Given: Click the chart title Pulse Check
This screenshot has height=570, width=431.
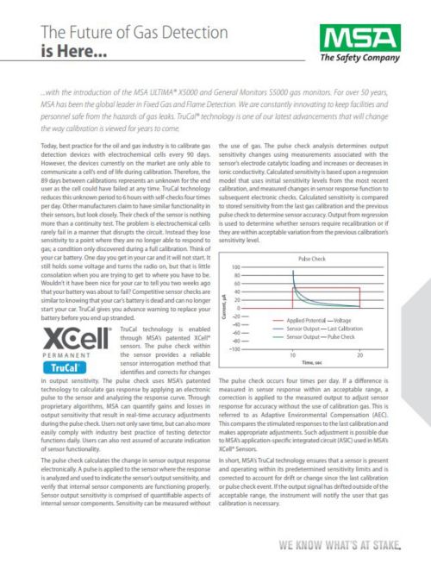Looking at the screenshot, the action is point(312,259).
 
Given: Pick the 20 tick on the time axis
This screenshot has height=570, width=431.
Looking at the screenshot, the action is point(360,355).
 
